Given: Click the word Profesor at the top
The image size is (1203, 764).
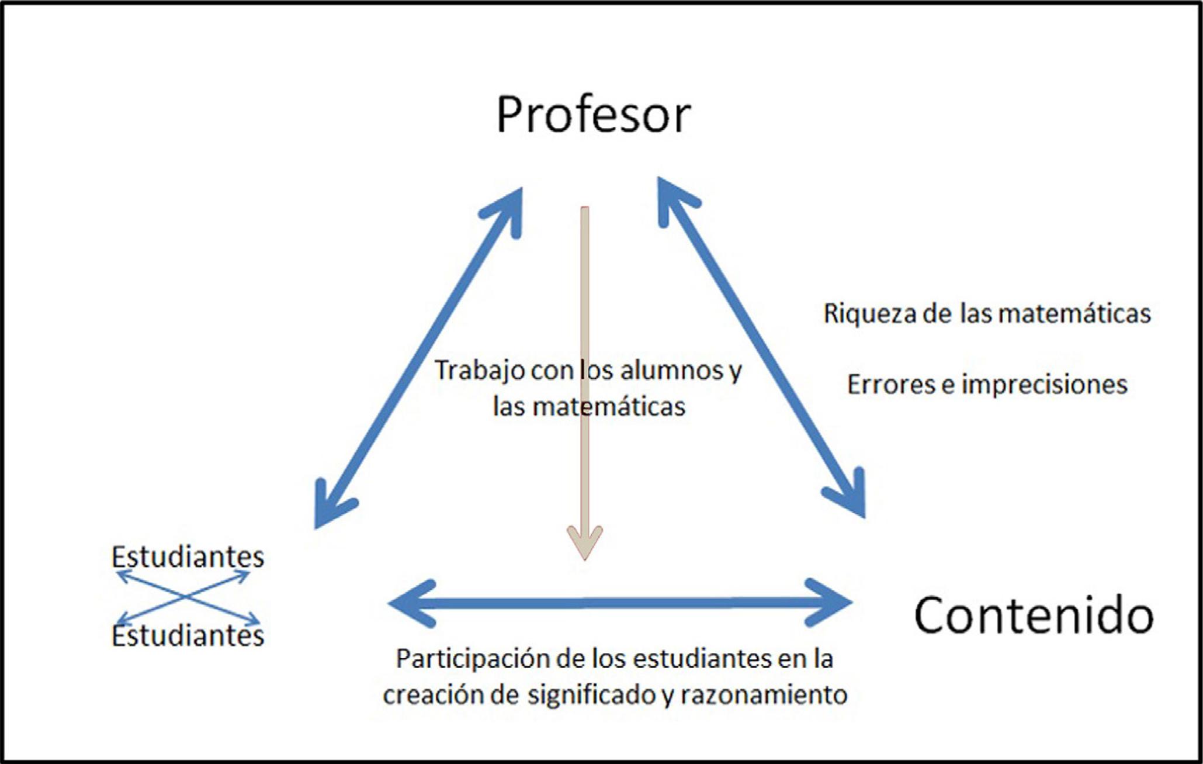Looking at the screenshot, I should [593, 115].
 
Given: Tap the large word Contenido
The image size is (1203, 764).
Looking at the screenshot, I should [1033, 616].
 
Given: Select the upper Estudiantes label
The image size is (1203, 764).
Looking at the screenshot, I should [188, 556].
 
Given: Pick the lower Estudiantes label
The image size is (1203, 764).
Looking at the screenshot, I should [188, 636].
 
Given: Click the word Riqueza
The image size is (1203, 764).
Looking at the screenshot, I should [869, 314].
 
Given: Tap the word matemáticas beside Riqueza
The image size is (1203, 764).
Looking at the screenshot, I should [1074, 314].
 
